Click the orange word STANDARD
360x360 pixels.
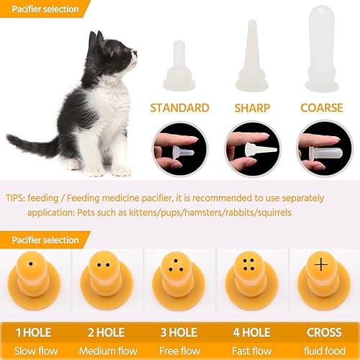coord(179,108)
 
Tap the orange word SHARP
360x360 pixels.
coord(251,108)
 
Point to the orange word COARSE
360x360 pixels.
coord(323,108)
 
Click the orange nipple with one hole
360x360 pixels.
coord(34,277)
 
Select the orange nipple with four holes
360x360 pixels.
coord(250,278)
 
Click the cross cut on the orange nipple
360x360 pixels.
coord(321,265)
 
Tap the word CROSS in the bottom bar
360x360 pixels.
coord(324,333)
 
